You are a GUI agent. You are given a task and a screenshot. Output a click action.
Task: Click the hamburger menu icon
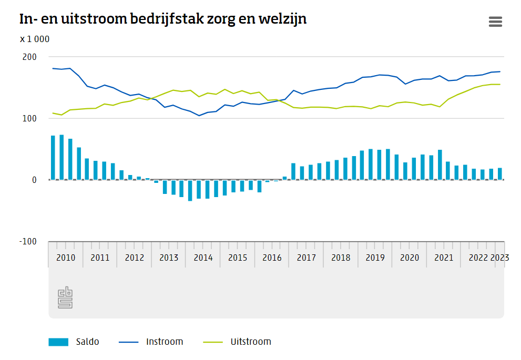tap(495, 22)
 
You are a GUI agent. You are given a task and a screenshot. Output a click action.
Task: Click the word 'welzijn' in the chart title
tap(283, 19)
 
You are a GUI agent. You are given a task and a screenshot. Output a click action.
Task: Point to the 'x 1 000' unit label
tap(35, 39)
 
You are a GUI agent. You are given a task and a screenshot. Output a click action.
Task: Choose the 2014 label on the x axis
tap(203, 258)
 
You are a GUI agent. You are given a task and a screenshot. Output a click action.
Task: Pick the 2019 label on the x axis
tap(375, 258)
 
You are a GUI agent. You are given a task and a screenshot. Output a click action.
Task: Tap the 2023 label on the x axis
tap(499, 258)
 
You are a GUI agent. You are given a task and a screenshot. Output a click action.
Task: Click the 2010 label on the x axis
tap(66, 258)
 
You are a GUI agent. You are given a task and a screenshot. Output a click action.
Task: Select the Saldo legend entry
tap(74, 342)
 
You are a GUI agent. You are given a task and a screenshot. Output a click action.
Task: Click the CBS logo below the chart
tap(65, 297)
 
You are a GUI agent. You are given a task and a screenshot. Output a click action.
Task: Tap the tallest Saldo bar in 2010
tap(62, 157)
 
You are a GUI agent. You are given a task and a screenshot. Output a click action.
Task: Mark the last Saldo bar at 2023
tap(500, 174)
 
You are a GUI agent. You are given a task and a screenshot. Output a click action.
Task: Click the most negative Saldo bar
tap(190, 190)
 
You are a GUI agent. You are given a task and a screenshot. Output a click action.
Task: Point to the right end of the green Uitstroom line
tap(499, 84)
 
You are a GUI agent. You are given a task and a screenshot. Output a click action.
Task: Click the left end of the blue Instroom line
tap(53, 68)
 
